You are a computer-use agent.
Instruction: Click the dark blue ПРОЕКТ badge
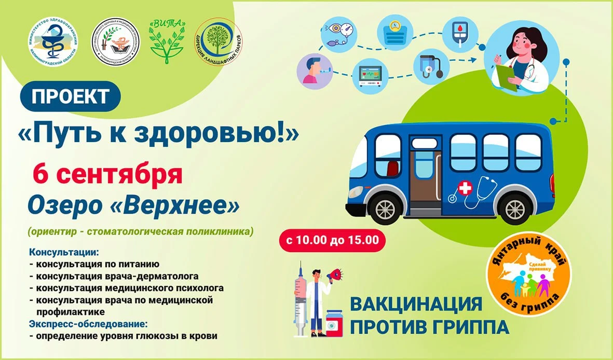click(x=71, y=96)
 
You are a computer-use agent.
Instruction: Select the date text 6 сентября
click(x=107, y=174)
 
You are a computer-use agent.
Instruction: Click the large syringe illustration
click(x=301, y=301)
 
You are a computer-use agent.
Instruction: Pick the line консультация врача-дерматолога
click(x=114, y=275)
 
